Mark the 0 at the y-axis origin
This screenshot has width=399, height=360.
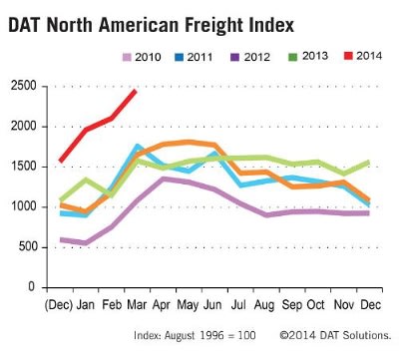33,287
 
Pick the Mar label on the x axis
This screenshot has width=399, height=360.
138,302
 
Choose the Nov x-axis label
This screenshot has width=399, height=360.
345,302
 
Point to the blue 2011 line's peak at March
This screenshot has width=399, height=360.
138,146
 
